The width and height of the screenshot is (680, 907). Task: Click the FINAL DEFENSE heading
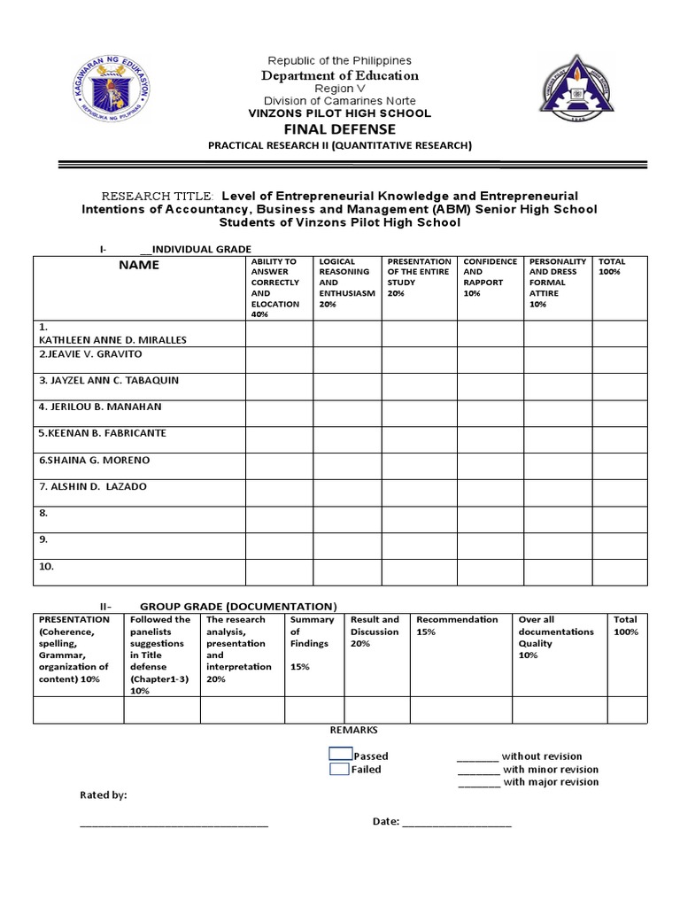[x=339, y=129]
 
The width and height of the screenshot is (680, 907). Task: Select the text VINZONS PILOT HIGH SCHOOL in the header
[x=339, y=113]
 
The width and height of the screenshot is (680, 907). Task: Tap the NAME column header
[x=139, y=265]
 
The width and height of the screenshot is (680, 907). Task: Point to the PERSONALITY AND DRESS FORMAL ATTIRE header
[x=557, y=283]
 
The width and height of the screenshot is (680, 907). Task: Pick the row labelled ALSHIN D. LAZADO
[x=92, y=486]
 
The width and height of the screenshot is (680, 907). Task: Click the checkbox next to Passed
[x=340, y=754]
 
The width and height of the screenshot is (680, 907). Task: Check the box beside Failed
[x=338, y=769]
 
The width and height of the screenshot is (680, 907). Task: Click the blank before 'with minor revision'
[x=478, y=771]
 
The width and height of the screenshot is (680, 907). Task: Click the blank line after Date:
[x=456, y=823]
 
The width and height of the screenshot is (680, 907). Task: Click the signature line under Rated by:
[x=174, y=824]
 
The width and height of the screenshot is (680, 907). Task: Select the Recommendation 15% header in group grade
[x=457, y=625]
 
